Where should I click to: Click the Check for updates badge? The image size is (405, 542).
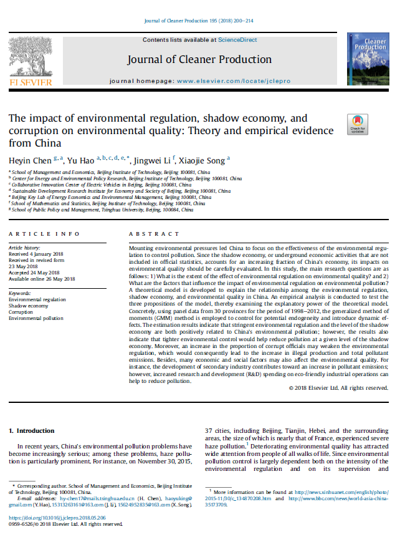tap(358, 125)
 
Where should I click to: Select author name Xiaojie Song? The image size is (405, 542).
tap(207, 160)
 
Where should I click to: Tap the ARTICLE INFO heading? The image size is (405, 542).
tap(44, 233)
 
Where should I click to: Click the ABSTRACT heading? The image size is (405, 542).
tap(153, 233)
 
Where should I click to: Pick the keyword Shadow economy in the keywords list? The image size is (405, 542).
tap(29, 306)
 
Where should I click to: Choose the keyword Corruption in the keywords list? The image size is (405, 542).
tap(22, 312)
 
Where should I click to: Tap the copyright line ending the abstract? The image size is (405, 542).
tap(338, 388)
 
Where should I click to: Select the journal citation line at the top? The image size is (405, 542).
tap(202, 21)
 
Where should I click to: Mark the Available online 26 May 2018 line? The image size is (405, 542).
tap(42, 279)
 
